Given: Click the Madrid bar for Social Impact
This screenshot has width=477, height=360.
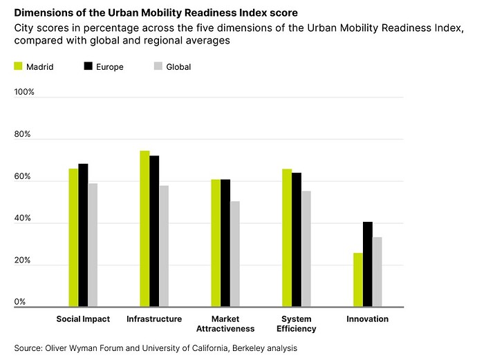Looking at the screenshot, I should click(x=73, y=237).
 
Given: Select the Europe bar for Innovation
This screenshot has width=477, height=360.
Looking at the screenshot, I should click(x=367, y=264).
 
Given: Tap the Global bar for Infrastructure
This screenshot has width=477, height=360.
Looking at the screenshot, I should click(x=164, y=246).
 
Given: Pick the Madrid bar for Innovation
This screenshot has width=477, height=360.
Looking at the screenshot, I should click(x=357, y=280).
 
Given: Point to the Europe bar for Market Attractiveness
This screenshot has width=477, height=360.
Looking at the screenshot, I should click(x=225, y=243).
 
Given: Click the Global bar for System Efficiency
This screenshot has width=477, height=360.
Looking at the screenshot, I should click(x=306, y=249).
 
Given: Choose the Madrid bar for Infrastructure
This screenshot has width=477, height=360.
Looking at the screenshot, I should click(x=144, y=229).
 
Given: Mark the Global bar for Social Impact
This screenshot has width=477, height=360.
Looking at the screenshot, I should click(x=93, y=245).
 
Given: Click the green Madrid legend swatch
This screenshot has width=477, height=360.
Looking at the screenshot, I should click(x=18, y=66).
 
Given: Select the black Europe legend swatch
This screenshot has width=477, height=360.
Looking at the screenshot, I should click(x=88, y=66).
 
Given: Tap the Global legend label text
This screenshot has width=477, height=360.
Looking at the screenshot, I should click(x=178, y=67).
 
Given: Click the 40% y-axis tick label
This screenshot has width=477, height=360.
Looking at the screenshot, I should click(x=23, y=218).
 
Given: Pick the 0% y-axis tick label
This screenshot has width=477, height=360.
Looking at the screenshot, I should click(x=20, y=302).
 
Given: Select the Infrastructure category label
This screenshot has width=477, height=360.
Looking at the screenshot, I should click(x=154, y=319).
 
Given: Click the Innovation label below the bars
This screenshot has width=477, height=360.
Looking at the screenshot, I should click(x=367, y=319).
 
